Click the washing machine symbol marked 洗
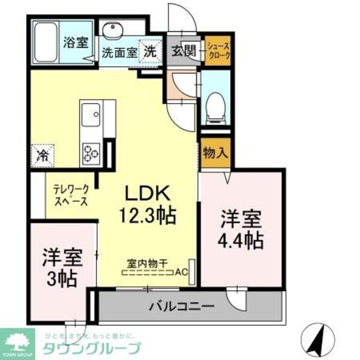(x=149, y=52)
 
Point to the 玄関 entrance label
(x=183, y=52)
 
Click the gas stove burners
(x=92, y=153)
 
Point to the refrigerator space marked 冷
(x=43, y=155)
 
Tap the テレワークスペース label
(x=70, y=194)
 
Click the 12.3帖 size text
(x=150, y=212)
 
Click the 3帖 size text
(x=62, y=279)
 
